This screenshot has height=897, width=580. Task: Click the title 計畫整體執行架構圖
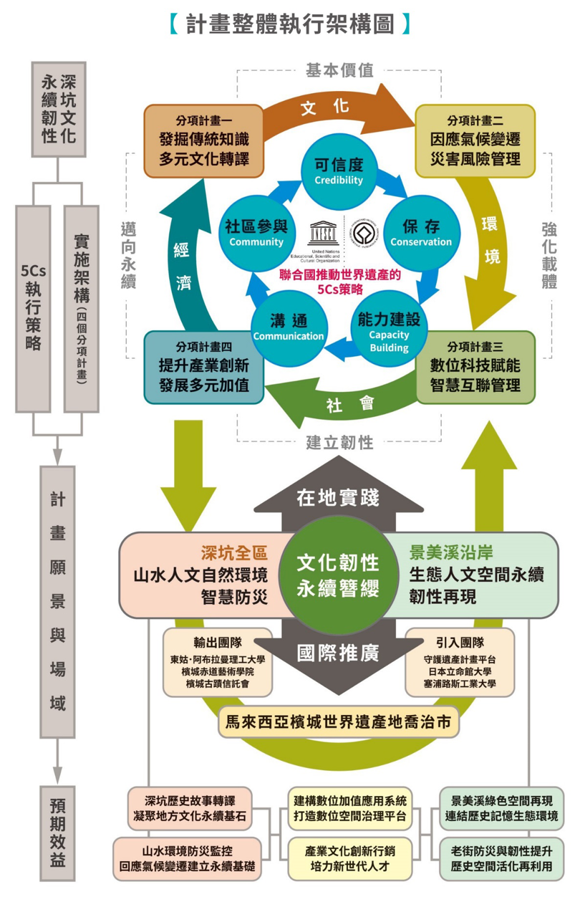290,24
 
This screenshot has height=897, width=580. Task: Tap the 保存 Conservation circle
421,233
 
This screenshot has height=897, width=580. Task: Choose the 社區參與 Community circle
256,233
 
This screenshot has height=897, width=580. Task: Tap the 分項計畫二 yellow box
475,141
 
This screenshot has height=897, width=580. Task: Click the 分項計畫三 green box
475,366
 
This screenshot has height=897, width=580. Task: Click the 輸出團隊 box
218,663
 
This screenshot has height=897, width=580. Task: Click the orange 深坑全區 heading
233,553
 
